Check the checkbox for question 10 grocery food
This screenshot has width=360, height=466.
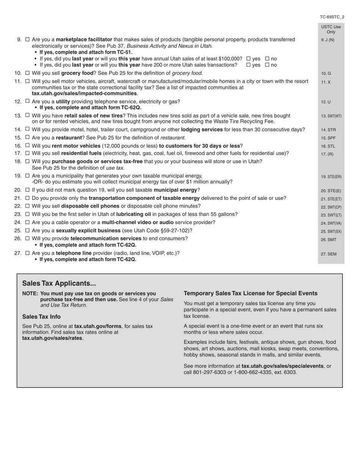pyautogui.click(x=27, y=73)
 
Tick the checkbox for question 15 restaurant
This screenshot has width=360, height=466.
pyautogui.click(x=27, y=138)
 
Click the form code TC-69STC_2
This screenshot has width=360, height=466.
pyautogui.click(x=332, y=17)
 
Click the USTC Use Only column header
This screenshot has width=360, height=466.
pyautogui.click(x=331, y=30)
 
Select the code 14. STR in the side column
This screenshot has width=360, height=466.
pyautogui.click(x=328, y=130)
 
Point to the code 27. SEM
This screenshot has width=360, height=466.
pyautogui.click(x=329, y=254)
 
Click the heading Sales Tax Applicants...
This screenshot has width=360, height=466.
pyautogui.click(x=59, y=283)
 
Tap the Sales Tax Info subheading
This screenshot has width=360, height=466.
pyautogui.click(x=41, y=317)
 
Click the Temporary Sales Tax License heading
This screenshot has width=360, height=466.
pyautogui.click(x=250, y=294)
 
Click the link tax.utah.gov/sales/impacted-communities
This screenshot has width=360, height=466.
pyautogui.click(x=85, y=94)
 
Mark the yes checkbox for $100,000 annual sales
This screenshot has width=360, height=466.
pyautogui.click(x=249, y=59)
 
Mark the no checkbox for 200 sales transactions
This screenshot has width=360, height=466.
pyautogui.click(x=267, y=65)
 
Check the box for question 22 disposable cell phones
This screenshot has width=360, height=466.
pyautogui.click(x=27, y=206)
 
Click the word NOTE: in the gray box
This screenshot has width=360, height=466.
pyautogui.click(x=30, y=294)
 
